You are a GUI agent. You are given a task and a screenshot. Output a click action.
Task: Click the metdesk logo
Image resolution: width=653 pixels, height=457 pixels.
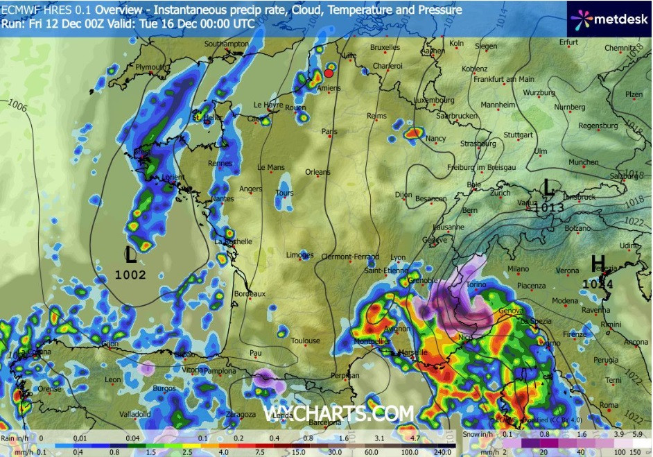608,19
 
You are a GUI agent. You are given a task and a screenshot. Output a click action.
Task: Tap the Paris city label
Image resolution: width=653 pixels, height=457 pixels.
329,130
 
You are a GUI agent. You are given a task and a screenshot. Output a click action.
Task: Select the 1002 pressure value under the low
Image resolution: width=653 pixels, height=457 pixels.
130,275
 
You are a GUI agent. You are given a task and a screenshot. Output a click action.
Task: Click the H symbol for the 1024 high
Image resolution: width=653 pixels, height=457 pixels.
598,264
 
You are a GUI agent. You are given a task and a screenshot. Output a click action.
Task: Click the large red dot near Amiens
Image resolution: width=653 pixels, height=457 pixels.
329,73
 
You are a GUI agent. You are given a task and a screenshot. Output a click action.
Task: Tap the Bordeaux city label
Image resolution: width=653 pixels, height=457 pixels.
250,294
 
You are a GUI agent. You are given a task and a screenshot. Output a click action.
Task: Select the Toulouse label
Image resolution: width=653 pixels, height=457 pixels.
306,340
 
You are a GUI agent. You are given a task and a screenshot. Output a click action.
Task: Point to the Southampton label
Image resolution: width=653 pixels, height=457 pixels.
226,44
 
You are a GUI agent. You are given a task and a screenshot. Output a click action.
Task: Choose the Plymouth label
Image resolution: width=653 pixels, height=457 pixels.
151,67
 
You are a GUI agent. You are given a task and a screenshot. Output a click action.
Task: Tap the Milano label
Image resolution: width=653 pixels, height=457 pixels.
518,268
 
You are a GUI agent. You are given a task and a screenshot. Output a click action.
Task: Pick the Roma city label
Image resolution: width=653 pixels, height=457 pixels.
609,405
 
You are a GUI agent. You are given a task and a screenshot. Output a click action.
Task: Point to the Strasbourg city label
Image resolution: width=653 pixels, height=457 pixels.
478,144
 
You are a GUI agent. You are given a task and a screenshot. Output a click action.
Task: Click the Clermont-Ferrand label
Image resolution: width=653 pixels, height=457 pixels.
351,257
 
